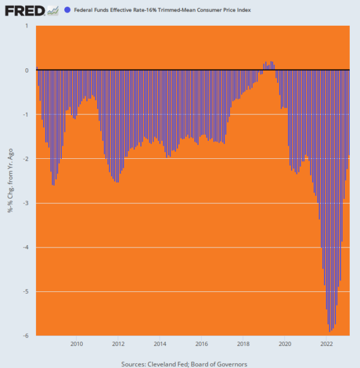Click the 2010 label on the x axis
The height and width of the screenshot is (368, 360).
[x=77, y=344]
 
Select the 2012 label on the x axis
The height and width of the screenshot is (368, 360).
[x=118, y=344]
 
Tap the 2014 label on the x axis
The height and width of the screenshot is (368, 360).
[x=160, y=344]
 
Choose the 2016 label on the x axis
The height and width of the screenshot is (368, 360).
[x=202, y=344]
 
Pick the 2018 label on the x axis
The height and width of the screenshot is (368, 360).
[x=244, y=344]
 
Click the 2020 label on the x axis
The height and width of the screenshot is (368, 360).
[x=285, y=344]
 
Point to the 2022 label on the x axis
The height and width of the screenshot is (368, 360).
[x=327, y=344]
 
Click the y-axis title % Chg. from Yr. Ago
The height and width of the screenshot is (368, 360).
[x=10, y=180]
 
